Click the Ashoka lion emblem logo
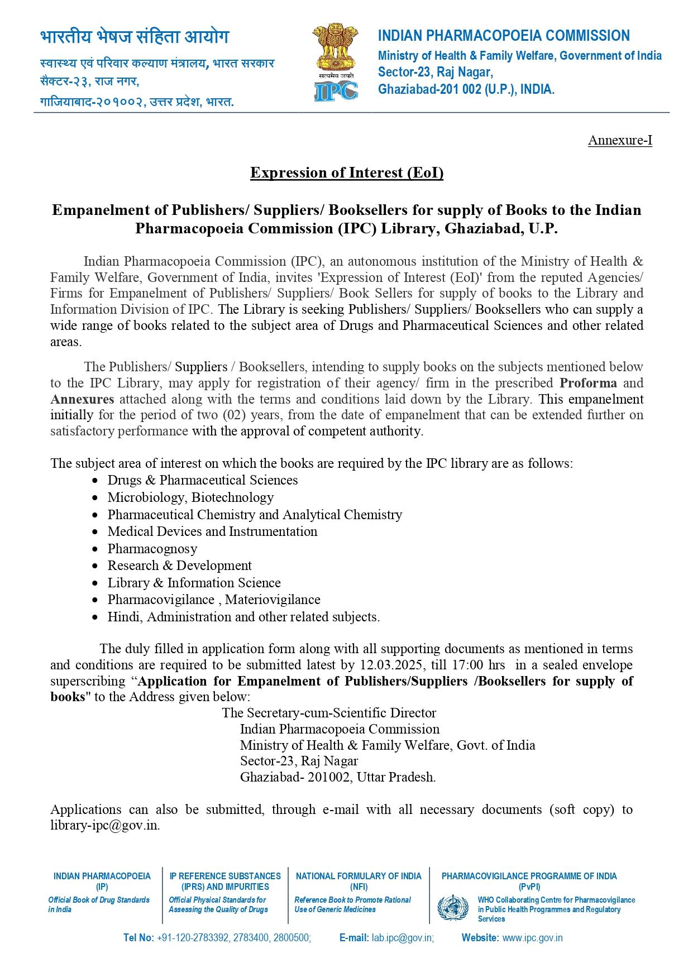335,47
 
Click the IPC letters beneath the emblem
336,90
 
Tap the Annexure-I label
620,140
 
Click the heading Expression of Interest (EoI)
346,173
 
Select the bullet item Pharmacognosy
152,549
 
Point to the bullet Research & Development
179,566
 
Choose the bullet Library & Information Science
194,583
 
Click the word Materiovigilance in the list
273,600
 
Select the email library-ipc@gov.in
105,825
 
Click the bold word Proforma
588,383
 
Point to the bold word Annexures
82,399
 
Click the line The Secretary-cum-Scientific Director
328,713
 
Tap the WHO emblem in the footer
453,908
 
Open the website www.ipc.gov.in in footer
532,938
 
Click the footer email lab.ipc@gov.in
402,938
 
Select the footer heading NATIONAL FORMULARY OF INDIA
359,876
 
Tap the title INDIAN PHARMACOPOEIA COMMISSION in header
504,36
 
